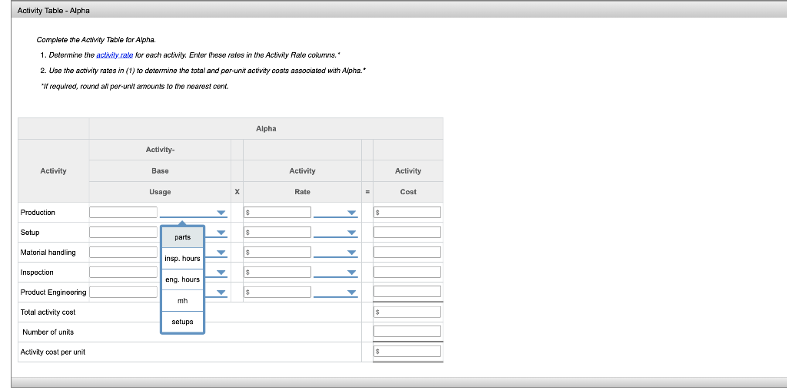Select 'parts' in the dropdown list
[x=182, y=237]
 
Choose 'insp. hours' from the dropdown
[x=182, y=259]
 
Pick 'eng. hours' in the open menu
[x=182, y=279]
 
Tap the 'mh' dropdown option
[x=182, y=301]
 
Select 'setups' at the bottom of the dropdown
[x=182, y=322]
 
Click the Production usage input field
[x=123, y=212]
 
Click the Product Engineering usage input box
[x=123, y=292]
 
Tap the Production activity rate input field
[x=277, y=212]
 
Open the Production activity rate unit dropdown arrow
[x=352, y=213]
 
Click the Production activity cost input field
[x=407, y=212]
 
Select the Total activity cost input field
[x=407, y=312]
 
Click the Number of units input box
[x=407, y=332]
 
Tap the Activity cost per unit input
[x=407, y=351]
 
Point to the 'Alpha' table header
[x=266, y=129]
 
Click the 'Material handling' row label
[x=48, y=253]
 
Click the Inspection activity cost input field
[x=407, y=272]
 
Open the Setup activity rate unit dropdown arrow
[x=352, y=233]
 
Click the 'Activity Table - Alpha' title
[x=54, y=11]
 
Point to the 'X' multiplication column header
[x=237, y=192]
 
